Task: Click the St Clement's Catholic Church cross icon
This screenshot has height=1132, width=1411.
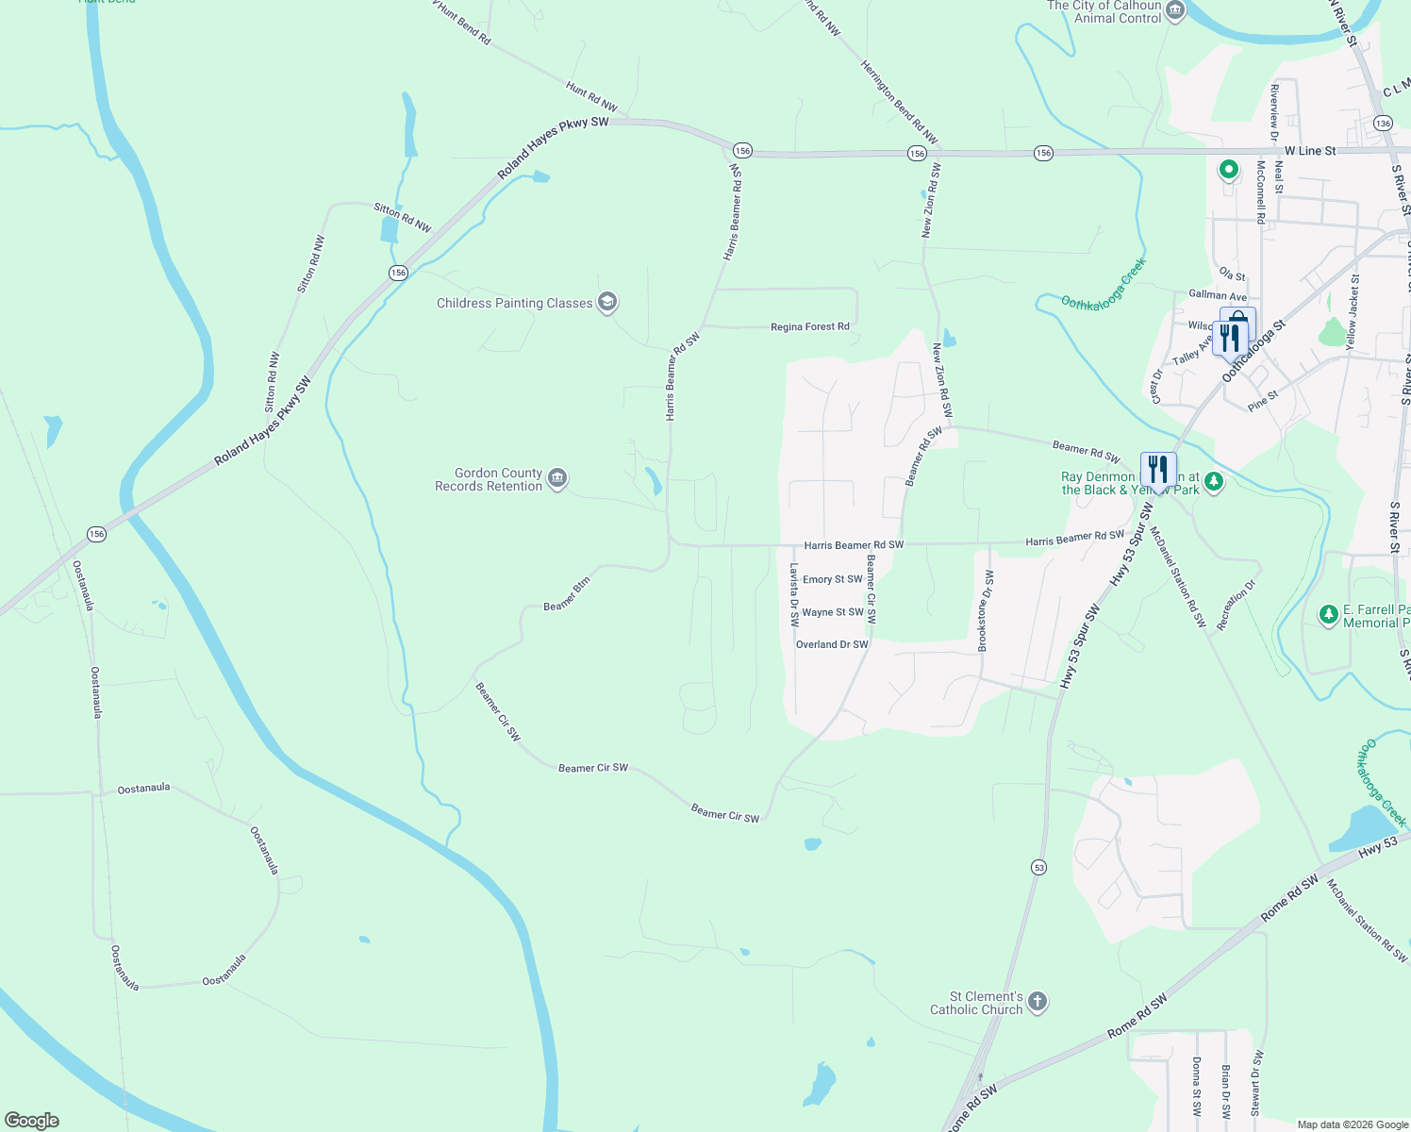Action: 1037,1002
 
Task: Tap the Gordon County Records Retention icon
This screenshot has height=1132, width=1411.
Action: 557,479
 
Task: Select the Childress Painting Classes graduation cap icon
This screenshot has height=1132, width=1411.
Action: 607,303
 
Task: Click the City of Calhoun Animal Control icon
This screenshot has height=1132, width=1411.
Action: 1175,11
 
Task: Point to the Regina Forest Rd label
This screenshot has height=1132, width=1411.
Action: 809,327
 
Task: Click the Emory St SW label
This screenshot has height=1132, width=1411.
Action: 832,579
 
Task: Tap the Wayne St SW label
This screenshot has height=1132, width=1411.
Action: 832,612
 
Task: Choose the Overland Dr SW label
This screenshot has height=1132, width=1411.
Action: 832,645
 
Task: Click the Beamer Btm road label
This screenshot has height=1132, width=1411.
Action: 567,594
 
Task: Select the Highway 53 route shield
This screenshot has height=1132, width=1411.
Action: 1038,867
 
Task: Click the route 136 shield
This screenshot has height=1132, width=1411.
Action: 1383,124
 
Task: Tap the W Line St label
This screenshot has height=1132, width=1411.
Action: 1310,151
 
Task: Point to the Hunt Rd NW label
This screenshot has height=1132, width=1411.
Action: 591,97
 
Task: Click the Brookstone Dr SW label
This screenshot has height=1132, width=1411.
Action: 984,610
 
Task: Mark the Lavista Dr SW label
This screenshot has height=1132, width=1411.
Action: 794,594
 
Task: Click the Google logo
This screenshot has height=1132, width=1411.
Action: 32,1121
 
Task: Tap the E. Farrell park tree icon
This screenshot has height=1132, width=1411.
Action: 1329,615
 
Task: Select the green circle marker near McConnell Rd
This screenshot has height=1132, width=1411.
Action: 1228,170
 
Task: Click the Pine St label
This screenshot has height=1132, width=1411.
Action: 1262,401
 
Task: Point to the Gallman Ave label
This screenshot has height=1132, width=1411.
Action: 1217,295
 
